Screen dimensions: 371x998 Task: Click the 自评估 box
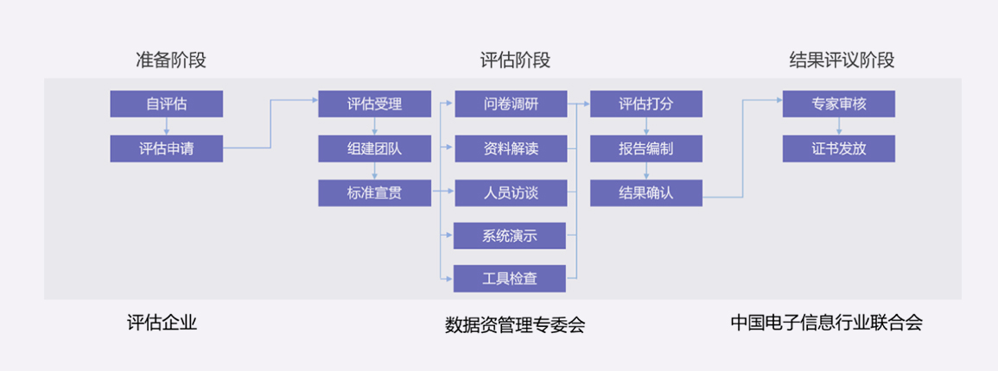(x=166, y=104)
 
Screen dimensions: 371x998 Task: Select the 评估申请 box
(x=166, y=148)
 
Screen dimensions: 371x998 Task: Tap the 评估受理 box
(x=374, y=104)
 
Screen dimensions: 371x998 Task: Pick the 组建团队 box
(x=374, y=148)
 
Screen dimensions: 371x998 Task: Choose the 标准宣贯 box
(x=374, y=193)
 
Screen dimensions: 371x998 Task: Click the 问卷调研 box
(x=511, y=104)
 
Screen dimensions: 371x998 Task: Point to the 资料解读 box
(x=511, y=148)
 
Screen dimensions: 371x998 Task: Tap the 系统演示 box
(x=511, y=236)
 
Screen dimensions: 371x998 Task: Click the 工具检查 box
(x=511, y=279)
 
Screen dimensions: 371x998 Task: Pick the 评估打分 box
(x=645, y=104)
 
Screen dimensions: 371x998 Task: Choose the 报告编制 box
(x=645, y=148)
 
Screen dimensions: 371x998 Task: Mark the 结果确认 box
(x=645, y=193)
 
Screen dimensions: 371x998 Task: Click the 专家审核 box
(x=838, y=104)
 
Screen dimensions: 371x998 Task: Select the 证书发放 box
(x=838, y=148)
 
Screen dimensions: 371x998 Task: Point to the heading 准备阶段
(x=171, y=60)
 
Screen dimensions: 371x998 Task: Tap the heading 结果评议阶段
(x=842, y=60)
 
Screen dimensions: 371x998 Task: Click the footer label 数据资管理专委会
(x=515, y=325)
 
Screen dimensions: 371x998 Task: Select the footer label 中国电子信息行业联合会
(x=826, y=324)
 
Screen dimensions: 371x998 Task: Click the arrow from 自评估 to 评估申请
(x=166, y=127)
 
